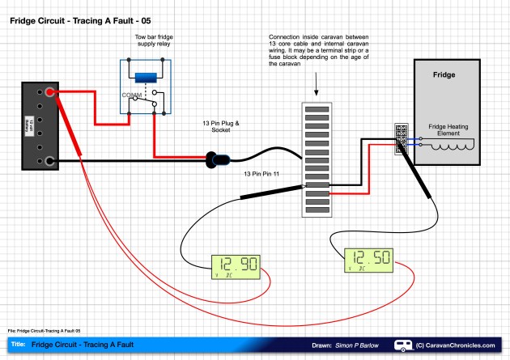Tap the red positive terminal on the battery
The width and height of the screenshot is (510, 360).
(50, 93)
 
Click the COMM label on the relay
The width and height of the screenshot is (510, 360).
(132, 95)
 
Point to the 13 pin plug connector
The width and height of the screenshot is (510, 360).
(216, 160)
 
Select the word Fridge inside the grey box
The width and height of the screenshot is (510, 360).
(444, 74)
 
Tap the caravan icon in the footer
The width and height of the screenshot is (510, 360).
(402, 345)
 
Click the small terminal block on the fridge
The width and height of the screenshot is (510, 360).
(402, 139)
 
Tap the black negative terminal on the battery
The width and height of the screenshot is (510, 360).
(50, 162)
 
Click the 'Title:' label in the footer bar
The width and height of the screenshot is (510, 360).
(19, 345)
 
